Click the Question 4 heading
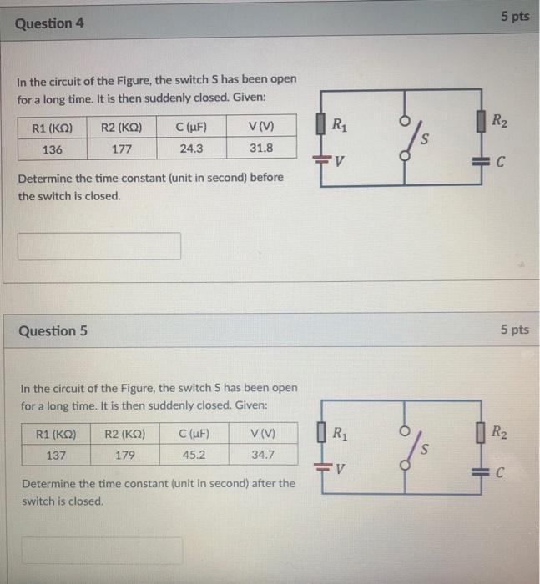(x=49, y=23)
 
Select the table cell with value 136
(x=52, y=150)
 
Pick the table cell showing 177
(x=121, y=150)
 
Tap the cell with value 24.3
(x=192, y=150)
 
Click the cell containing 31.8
(x=260, y=150)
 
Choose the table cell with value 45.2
(x=192, y=456)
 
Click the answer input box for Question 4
(x=99, y=245)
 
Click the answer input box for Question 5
(x=101, y=551)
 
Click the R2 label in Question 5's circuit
(x=498, y=432)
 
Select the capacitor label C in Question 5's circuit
(x=499, y=475)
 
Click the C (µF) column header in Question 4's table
(x=192, y=128)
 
